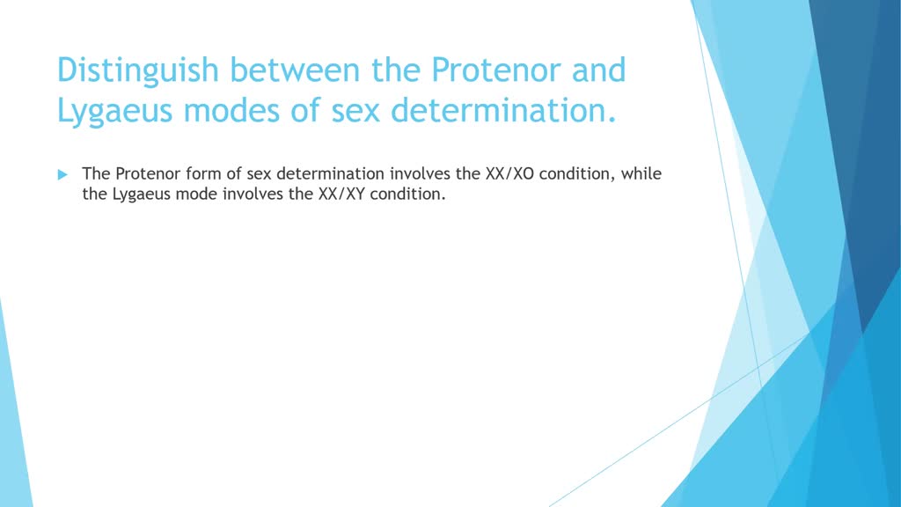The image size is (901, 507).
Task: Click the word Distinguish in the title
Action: [138, 71]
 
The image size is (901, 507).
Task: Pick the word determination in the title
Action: [503, 109]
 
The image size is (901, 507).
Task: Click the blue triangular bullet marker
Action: [62, 175]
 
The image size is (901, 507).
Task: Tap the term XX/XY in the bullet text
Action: [342, 195]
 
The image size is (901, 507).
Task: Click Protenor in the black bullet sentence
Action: [148, 173]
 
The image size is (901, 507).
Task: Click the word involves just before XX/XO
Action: [420, 173]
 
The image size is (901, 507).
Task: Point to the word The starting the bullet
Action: [96, 173]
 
